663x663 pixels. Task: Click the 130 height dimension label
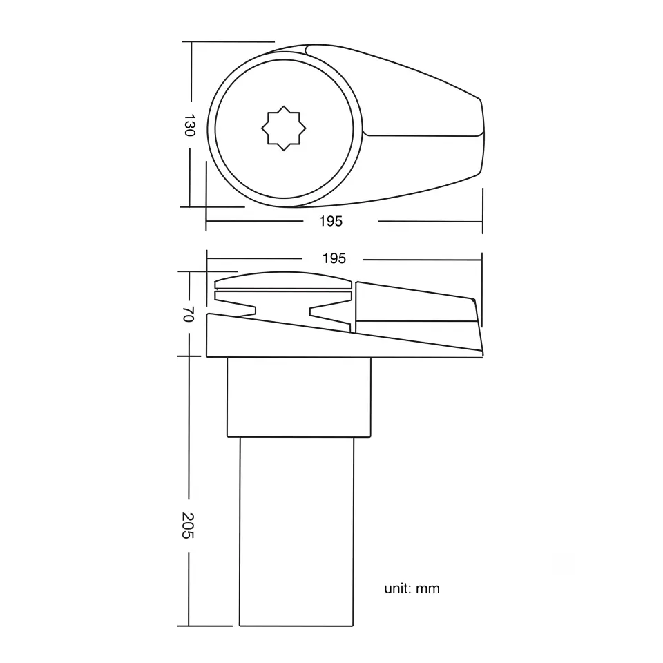pos(189,125)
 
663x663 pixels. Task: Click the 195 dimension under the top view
pos(331,221)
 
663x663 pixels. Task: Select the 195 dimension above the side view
pos(334,258)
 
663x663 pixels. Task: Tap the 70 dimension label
pos(188,314)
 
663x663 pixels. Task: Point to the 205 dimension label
pos(188,526)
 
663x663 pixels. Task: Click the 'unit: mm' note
pos(412,588)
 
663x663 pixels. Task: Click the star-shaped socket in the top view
pos(283,128)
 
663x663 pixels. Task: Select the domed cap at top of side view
pos(283,280)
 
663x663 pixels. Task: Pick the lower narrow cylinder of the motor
pos(296,532)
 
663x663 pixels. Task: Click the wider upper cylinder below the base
pos(299,397)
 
